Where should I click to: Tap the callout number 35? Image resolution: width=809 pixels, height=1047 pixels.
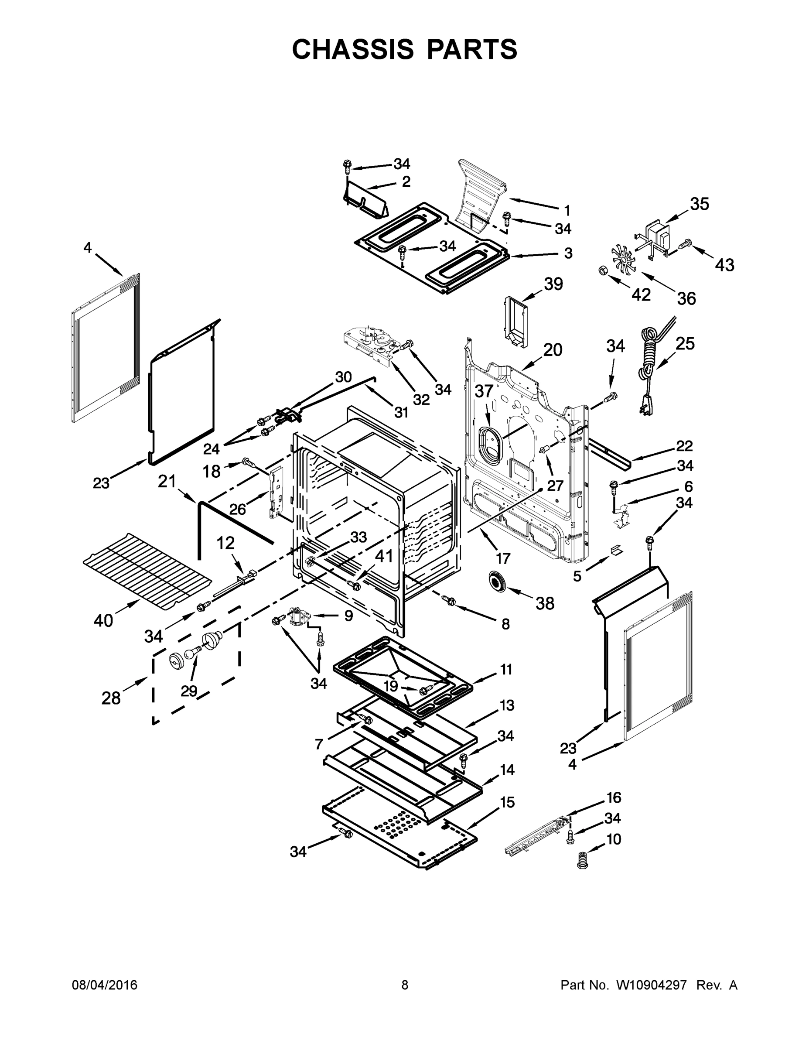click(x=699, y=204)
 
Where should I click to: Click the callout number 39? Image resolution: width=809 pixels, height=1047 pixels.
click(x=553, y=284)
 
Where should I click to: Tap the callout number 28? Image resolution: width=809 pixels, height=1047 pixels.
click(x=111, y=698)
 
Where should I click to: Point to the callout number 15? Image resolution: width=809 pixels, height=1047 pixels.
click(x=507, y=802)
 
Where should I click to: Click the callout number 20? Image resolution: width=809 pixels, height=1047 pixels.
click(x=552, y=350)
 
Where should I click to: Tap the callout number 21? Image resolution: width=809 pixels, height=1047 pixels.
click(x=167, y=481)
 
